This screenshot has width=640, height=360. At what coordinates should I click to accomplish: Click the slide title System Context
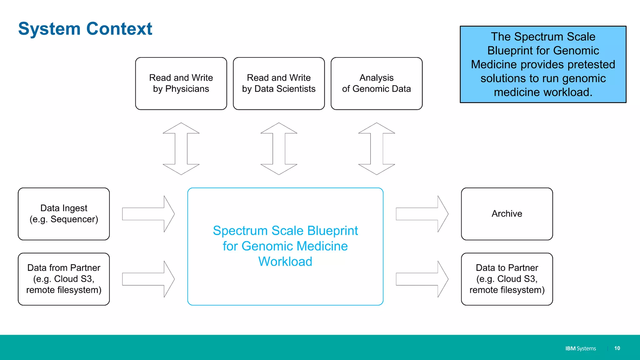85,29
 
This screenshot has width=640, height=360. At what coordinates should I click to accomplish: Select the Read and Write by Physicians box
181,83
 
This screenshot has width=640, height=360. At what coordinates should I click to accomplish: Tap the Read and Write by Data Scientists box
279,83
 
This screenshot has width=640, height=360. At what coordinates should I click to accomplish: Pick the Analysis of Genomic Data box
376,83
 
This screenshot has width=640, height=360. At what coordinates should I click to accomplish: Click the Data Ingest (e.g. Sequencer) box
64,214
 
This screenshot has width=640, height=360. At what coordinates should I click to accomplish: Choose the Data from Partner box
64,279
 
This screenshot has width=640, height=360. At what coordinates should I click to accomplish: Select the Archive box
507,214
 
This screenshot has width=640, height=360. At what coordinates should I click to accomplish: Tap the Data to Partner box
507,279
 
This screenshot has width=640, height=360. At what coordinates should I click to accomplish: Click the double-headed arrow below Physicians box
181,148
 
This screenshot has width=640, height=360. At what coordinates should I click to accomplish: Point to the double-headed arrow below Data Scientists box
279,148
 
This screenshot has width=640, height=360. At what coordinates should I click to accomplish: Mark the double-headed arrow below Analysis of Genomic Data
376,148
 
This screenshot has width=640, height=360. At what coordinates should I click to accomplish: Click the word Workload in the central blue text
285,262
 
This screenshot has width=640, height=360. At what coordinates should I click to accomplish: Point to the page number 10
617,348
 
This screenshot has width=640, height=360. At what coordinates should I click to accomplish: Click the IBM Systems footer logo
580,348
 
